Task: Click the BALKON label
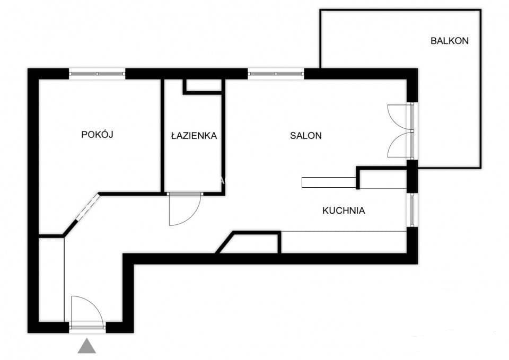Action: [449, 41]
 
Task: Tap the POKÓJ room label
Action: [97, 134]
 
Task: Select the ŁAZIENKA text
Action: [194, 135]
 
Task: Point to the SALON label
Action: [306, 135]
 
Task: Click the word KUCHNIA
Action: [344, 210]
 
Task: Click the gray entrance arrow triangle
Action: [86, 346]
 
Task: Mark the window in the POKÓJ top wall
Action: [97, 74]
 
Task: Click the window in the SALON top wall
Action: [276, 74]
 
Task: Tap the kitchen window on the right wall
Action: [412, 209]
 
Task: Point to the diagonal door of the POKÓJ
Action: [87, 207]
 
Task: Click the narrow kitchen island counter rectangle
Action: [329, 182]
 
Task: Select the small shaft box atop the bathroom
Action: [203, 86]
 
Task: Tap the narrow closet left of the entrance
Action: [51, 279]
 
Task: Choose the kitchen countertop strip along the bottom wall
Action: [344, 242]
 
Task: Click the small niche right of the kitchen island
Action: [383, 179]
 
